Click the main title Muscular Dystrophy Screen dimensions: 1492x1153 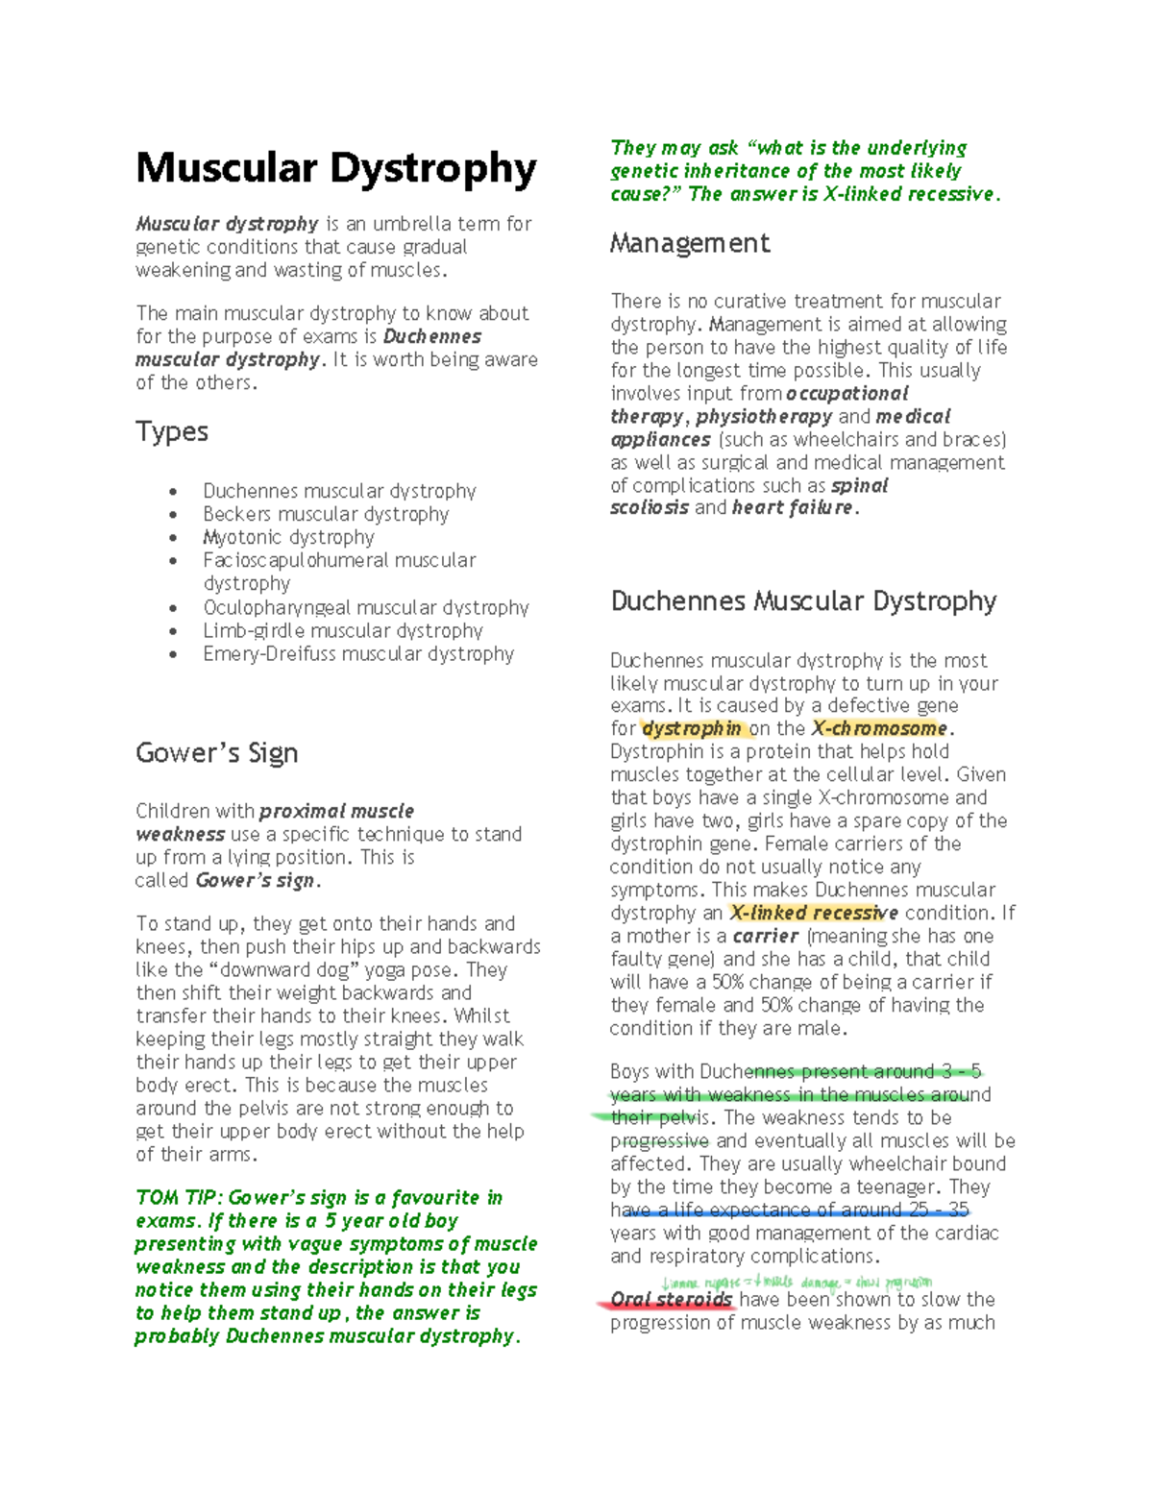(335, 168)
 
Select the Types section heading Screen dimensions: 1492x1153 (172, 431)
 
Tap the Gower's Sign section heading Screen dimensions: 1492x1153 (216, 752)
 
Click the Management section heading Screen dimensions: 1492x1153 (689, 243)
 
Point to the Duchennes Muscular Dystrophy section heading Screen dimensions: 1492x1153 (803, 601)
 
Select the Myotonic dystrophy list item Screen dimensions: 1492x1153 (288, 537)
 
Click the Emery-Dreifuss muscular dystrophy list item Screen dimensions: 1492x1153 (358, 654)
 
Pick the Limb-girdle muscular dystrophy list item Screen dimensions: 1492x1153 (342, 631)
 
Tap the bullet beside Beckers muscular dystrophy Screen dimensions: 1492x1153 (173, 515)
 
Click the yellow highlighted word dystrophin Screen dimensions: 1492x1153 (692, 729)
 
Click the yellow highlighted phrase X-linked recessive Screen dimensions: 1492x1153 (814, 913)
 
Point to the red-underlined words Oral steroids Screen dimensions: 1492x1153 (672, 1300)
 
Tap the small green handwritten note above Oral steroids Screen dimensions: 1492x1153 (797, 1283)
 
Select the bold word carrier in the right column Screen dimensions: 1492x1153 (765, 936)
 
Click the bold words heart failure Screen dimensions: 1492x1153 (792, 507)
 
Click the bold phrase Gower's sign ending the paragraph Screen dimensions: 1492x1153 (255, 881)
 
